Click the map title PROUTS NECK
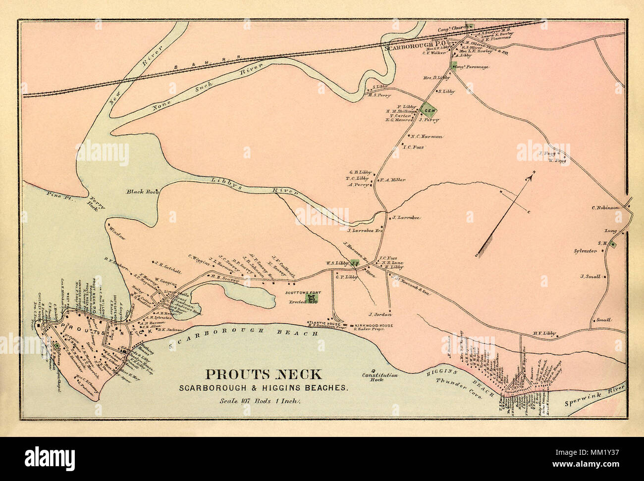point(263,375)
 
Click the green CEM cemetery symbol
point(428,110)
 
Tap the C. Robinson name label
point(605,208)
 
